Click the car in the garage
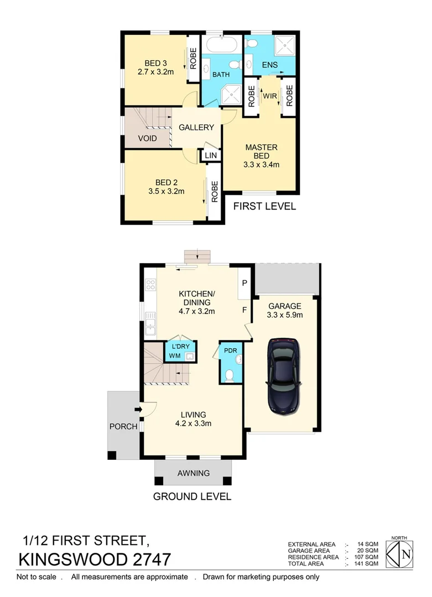(x=284, y=376)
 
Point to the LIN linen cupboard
(x=211, y=156)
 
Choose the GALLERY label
(x=196, y=127)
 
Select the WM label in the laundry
(x=175, y=356)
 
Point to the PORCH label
(x=123, y=427)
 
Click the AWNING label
(x=193, y=473)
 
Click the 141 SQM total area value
(x=368, y=564)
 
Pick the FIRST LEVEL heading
(x=264, y=206)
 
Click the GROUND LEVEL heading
(x=192, y=496)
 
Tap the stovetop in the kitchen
(x=150, y=286)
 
